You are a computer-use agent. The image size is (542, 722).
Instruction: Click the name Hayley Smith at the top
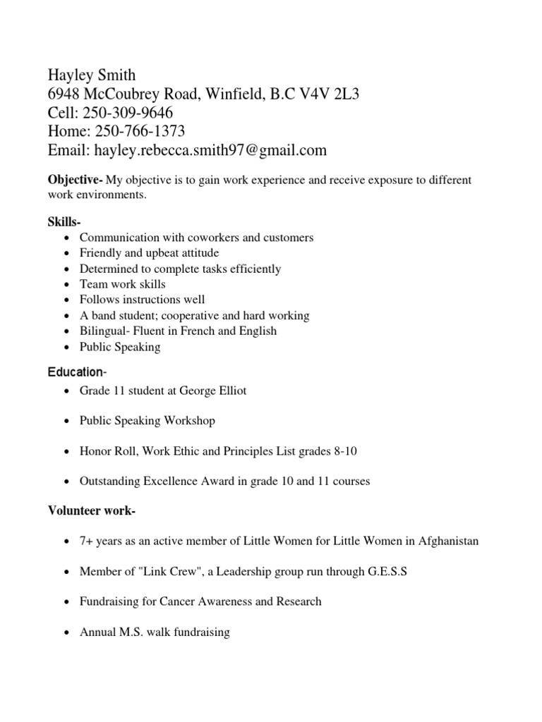[x=92, y=75]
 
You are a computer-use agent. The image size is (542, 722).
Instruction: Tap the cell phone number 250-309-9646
[x=128, y=113]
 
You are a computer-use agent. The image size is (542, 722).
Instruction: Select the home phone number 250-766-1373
[x=134, y=131]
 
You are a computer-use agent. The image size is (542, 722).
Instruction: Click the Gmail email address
[x=211, y=150]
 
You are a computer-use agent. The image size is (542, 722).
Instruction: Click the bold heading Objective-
[x=76, y=180]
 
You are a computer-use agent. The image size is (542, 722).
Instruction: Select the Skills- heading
[x=64, y=222]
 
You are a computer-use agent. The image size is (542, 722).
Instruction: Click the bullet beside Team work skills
[x=66, y=285]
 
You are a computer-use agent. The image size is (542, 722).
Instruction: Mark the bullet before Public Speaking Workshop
[x=66, y=422]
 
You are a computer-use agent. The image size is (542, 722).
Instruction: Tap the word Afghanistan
[x=448, y=541]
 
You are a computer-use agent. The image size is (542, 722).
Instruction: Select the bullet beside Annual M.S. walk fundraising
[x=66, y=633]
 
